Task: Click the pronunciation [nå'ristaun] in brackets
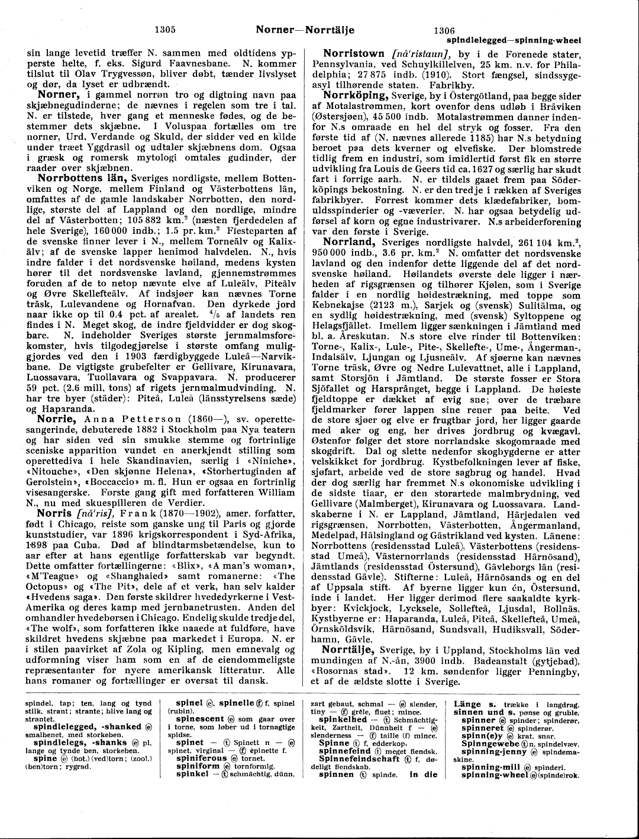421,54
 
